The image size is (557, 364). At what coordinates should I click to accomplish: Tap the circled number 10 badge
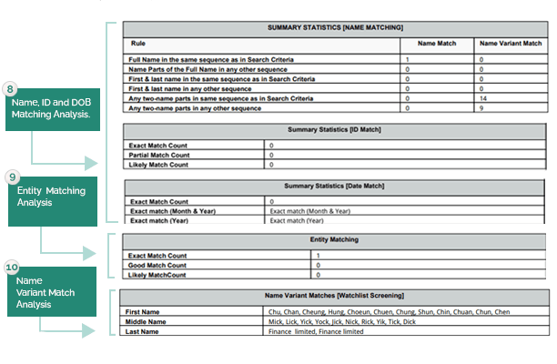pyautogui.click(x=12, y=268)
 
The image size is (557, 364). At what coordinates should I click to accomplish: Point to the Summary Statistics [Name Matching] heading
pyautogui.click(x=335, y=29)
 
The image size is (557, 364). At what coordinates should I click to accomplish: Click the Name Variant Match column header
pyautogui.click(x=510, y=43)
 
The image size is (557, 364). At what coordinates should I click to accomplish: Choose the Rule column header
pyautogui.click(x=137, y=43)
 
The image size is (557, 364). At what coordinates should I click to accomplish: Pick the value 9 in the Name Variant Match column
pyautogui.click(x=481, y=108)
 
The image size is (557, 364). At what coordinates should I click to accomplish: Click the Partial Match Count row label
pyautogui.click(x=159, y=155)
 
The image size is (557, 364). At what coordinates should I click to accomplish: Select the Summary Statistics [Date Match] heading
pyautogui.click(x=335, y=187)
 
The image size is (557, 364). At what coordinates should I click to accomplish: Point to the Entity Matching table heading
pyautogui.click(x=335, y=240)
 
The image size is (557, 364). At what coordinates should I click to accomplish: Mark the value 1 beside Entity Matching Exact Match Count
pyautogui.click(x=318, y=256)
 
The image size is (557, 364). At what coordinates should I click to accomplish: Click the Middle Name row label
pyautogui.click(x=146, y=321)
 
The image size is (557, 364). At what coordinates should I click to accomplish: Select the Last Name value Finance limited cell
pyautogui.click(x=316, y=331)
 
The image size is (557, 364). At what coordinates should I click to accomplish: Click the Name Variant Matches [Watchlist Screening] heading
pyautogui.click(x=335, y=297)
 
